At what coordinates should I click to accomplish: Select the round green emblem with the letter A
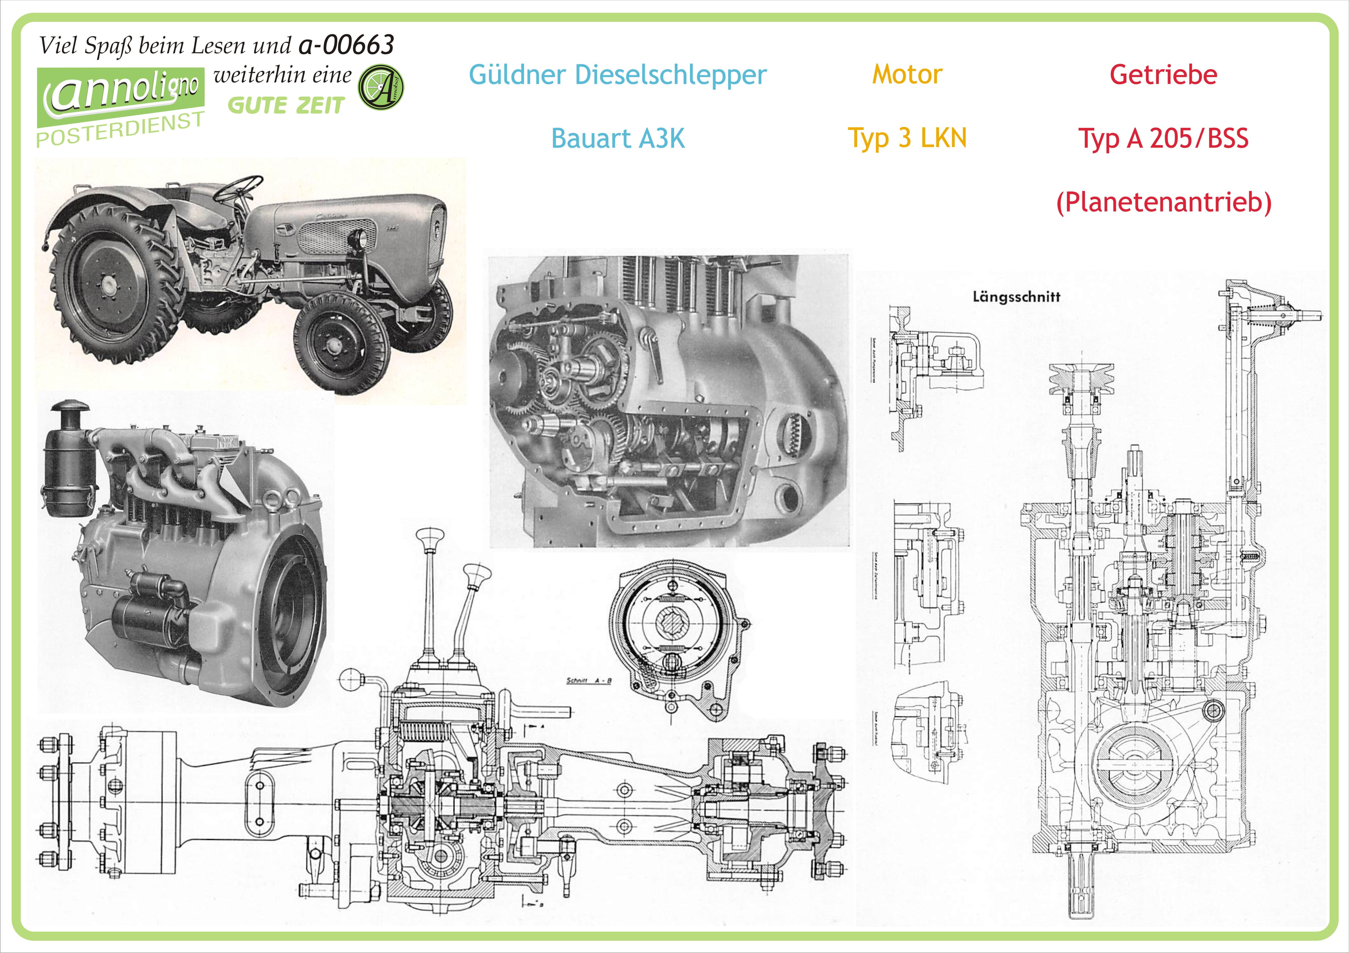click(x=381, y=87)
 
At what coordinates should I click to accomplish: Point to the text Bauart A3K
click(x=617, y=139)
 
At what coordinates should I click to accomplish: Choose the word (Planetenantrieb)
click(x=1163, y=202)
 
